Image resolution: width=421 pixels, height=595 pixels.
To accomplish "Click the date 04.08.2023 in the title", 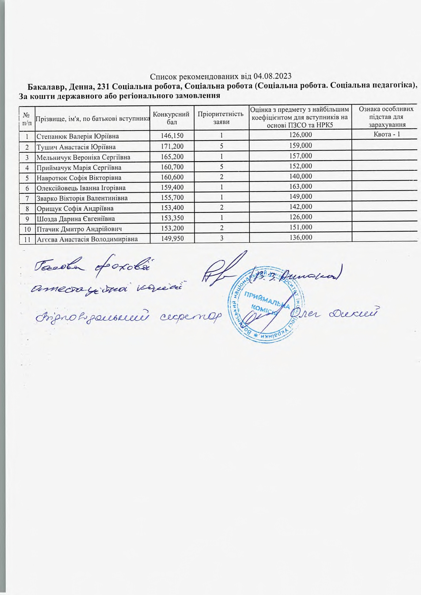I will pos(273,76).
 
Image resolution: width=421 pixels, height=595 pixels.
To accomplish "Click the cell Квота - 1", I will pos(387,134).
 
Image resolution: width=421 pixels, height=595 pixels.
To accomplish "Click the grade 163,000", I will pos(300,186).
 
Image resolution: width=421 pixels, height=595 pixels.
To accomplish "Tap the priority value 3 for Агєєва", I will pos(221,238).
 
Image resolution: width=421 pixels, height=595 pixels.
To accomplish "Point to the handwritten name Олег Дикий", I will pos(334,314).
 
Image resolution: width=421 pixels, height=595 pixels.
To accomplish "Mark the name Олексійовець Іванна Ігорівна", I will pos(81,188).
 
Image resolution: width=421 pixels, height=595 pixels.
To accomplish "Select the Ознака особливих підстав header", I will pos(386,117).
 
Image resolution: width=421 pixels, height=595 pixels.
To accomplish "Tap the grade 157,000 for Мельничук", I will pos(300,156).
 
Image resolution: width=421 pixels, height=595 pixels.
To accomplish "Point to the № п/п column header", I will pos(27,118).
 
